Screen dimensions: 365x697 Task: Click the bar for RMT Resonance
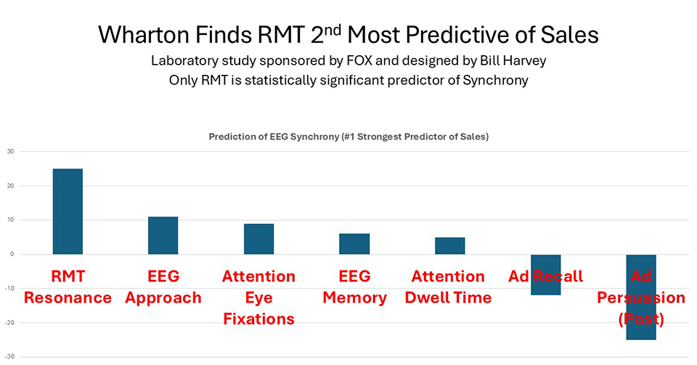click(x=68, y=211)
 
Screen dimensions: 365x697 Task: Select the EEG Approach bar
click(x=163, y=235)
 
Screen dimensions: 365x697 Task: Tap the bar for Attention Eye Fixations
click(x=258, y=238)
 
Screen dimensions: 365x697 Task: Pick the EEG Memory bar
click(x=354, y=244)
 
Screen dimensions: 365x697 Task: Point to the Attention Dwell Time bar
click(x=450, y=246)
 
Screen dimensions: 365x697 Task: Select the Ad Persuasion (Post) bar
click(x=641, y=327)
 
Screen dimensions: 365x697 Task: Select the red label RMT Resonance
click(x=68, y=287)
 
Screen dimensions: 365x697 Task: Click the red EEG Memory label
click(x=354, y=287)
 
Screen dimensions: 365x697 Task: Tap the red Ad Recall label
click(x=545, y=276)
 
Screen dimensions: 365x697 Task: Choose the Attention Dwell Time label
click(x=450, y=287)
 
